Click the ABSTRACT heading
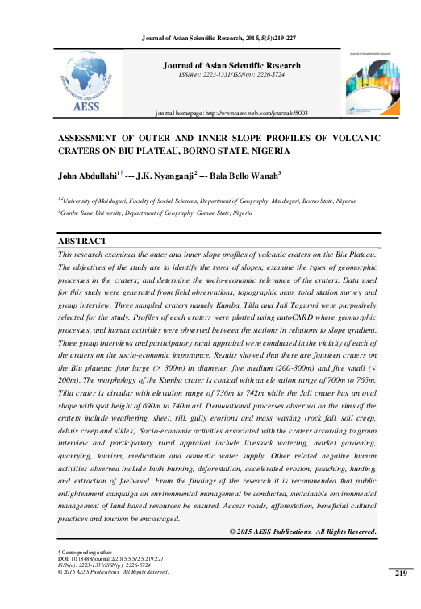[x=82, y=242]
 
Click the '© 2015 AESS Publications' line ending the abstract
[x=303, y=532]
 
